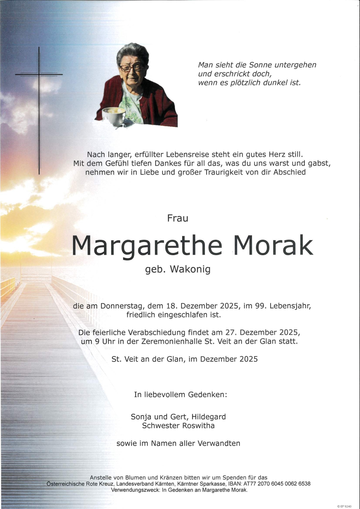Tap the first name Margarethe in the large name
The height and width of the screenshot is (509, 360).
point(147,246)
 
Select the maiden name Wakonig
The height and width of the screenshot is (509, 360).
point(190,269)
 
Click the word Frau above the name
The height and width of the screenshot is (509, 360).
point(178,218)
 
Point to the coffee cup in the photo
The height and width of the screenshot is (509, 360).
point(113,116)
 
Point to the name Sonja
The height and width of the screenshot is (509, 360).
point(141,416)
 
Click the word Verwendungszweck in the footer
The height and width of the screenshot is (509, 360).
point(135,490)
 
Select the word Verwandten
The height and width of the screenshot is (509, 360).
point(219,443)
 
